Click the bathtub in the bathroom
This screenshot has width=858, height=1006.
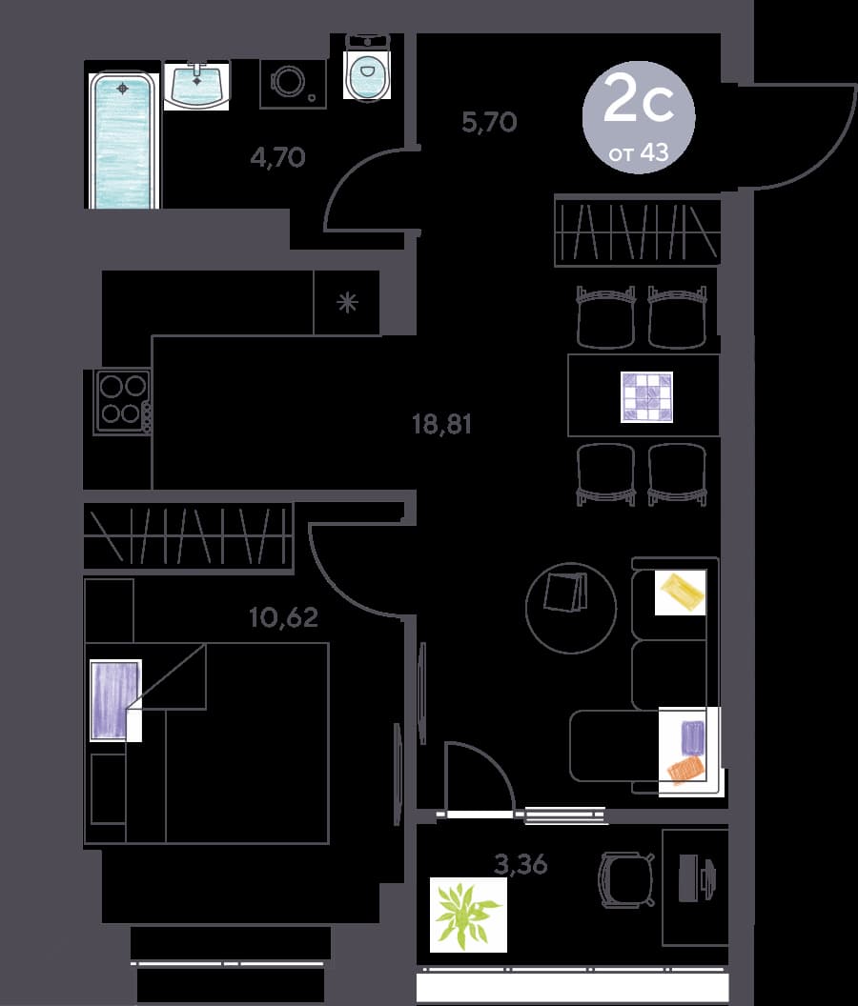pyautogui.click(x=124, y=140)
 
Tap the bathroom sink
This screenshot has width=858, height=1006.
pyautogui.click(x=195, y=85)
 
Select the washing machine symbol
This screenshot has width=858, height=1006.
pyautogui.click(x=293, y=84)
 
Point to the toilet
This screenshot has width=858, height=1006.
pyautogui.click(x=367, y=67)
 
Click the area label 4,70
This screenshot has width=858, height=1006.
pyautogui.click(x=277, y=157)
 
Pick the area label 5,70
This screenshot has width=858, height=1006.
pyautogui.click(x=489, y=121)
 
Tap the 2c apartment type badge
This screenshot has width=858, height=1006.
pyautogui.click(x=639, y=117)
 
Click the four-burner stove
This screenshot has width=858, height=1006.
pyautogui.click(x=122, y=401)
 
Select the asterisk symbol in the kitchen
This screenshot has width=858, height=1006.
pyautogui.click(x=347, y=302)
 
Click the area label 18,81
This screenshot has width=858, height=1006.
pyautogui.click(x=441, y=424)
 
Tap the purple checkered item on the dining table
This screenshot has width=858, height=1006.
pyautogui.click(x=646, y=396)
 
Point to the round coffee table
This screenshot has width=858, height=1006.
pyautogui.click(x=571, y=608)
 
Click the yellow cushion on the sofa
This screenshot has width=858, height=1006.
pyautogui.click(x=681, y=593)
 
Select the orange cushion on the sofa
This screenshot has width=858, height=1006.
pyautogui.click(x=686, y=769)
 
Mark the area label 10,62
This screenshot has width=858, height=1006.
pyautogui.click(x=283, y=617)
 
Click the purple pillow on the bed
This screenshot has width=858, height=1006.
pyautogui.click(x=115, y=700)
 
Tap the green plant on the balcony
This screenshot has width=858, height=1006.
pyautogui.click(x=468, y=915)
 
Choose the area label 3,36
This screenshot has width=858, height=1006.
pyautogui.click(x=521, y=864)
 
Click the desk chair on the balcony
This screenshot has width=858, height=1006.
pyautogui.click(x=626, y=879)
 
